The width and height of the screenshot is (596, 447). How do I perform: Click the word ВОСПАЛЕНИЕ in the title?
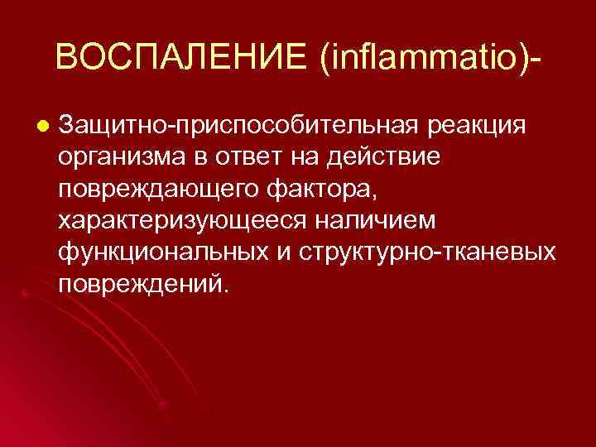(181, 58)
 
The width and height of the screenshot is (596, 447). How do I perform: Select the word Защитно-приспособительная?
(239, 126)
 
